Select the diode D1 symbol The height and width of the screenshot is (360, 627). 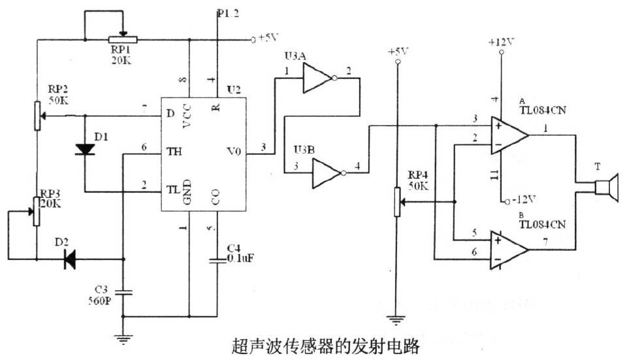pos(85,149)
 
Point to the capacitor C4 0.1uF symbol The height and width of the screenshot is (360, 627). pos(217,261)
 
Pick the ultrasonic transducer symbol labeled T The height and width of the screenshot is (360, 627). pos(605,189)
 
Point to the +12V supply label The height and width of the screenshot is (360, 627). pos(501,42)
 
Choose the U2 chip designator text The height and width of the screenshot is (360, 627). pos(234,88)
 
